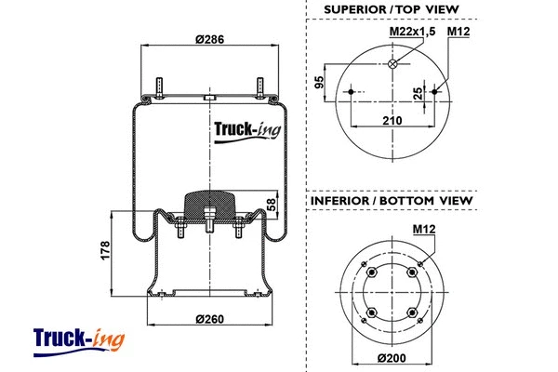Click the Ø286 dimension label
(209, 39)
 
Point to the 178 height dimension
(105, 249)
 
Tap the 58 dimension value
(272, 204)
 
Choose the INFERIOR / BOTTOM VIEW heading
(391, 200)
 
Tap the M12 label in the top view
(458, 33)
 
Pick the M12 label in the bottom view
(420, 226)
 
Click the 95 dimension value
(320, 82)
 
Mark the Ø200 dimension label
(392, 359)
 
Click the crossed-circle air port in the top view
(393, 63)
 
